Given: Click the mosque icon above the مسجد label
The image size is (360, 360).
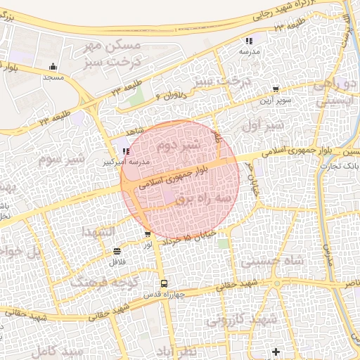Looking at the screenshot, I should pyautogui.click(x=53, y=68).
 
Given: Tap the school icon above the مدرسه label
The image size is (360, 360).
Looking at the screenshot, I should pyautogui.click(x=250, y=41).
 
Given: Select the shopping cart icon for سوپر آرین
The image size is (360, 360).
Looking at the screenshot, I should pyautogui.click(x=275, y=89).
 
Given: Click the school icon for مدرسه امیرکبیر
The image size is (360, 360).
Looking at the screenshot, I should pyautogui.click(x=126, y=150).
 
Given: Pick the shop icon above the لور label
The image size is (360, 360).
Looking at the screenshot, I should pyautogui.click(x=147, y=235).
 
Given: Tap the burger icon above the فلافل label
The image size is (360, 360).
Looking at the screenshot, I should pyautogui.click(x=116, y=251).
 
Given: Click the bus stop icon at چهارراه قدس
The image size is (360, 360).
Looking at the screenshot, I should pyautogui.click(x=163, y=283).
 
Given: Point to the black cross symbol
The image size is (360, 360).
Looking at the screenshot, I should pyautogui.click(x=276, y=350).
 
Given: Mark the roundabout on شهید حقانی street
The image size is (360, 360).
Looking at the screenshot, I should pyautogui.click(x=277, y=283).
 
